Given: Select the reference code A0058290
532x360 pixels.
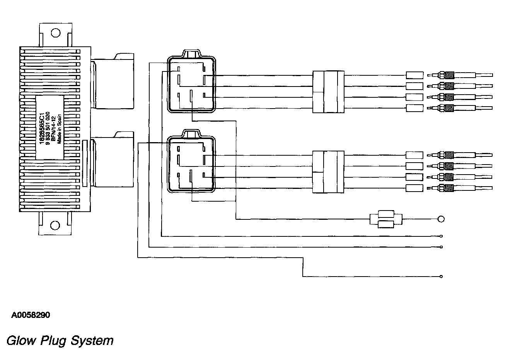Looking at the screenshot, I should [x=31, y=315].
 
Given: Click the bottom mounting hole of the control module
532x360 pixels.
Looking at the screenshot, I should [x=55, y=225].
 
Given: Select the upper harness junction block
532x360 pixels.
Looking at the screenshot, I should [x=328, y=92].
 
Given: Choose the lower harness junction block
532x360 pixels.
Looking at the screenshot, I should [x=328, y=172].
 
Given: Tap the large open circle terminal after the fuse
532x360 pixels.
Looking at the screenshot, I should [x=440, y=219].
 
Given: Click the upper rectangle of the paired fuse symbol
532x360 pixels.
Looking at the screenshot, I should [x=386, y=214].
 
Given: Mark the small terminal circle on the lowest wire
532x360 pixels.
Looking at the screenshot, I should [x=441, y=276].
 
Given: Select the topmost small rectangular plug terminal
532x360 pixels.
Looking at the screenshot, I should [x=414, y=75].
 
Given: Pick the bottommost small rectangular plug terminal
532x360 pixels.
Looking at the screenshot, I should [x=414, y=188].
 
